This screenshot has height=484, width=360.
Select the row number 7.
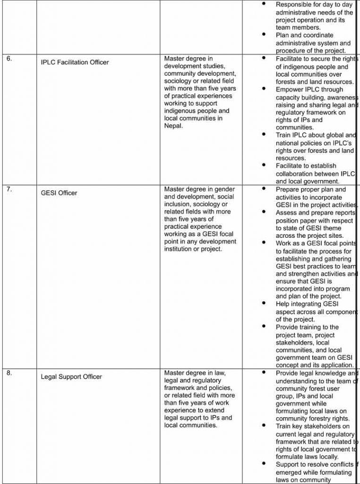coord(9,190)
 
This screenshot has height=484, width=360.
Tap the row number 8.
coord(9,373)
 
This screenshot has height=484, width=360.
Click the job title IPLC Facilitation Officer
coord(75,62)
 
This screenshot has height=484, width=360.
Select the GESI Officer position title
coord(59,193)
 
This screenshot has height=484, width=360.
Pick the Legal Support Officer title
coord(71,377)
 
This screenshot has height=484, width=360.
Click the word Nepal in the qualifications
coord(173,126)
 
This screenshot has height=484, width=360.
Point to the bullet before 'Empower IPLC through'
coord(264,89)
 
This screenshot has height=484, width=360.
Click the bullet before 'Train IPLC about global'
coord(264,135)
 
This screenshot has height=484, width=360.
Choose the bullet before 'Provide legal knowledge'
coord(264,373)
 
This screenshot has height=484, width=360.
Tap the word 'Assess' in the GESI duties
coord(286,213)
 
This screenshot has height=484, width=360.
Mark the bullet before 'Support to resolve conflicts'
coord(264,464)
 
